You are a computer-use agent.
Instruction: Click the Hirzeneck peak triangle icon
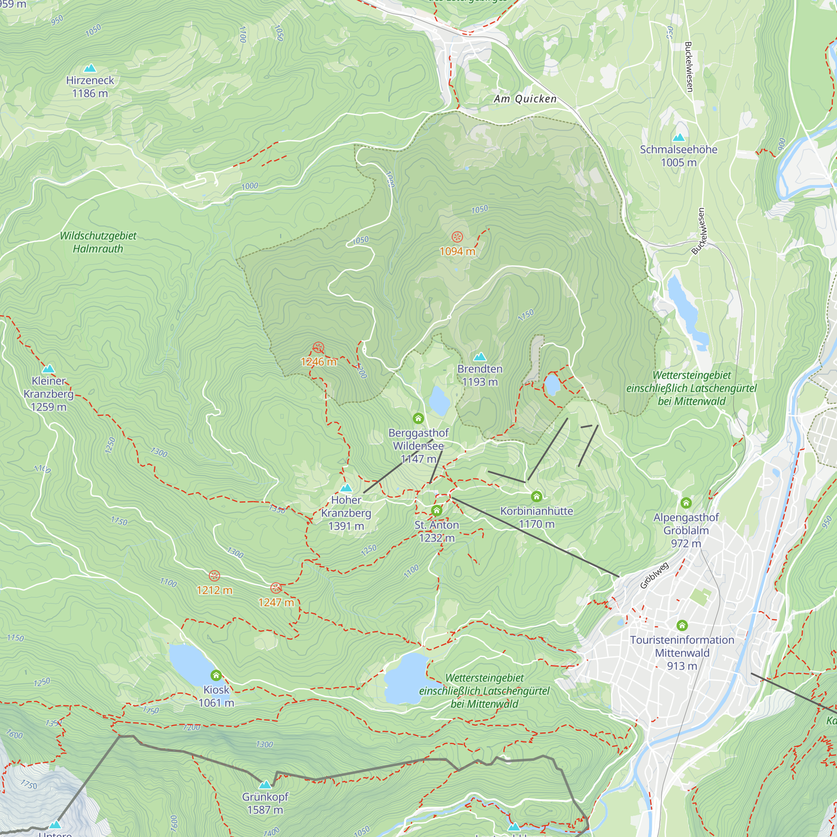coord(90,68)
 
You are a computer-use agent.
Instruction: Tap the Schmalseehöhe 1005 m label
coord(678,156)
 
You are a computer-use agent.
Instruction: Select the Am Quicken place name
coord(525,99)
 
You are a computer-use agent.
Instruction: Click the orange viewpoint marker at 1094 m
coord(457,236)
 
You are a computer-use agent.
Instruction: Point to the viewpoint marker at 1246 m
coord(318,347)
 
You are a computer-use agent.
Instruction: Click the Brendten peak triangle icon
coord(480,357)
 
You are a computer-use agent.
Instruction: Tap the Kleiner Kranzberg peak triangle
coord(49,369)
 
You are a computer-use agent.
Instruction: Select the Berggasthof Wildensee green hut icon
coord(418,418)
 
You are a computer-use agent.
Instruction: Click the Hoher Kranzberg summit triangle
coord(346,488)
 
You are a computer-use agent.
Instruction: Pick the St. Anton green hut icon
coord(436,510)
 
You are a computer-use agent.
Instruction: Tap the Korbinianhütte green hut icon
coord(537,496)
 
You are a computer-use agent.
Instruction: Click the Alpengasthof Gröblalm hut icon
coord(686,503)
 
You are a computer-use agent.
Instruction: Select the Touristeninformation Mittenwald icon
coord(682,625)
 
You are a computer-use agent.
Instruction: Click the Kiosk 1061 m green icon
coord(216,675)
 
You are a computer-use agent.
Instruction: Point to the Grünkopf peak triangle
coord(265,785)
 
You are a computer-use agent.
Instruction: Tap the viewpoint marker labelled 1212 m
coord(214,576)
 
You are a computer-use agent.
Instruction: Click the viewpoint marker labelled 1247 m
coord(276,588)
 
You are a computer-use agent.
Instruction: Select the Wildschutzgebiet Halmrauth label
coord(98,242)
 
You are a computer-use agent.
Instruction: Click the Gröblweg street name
coord(655,575)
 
